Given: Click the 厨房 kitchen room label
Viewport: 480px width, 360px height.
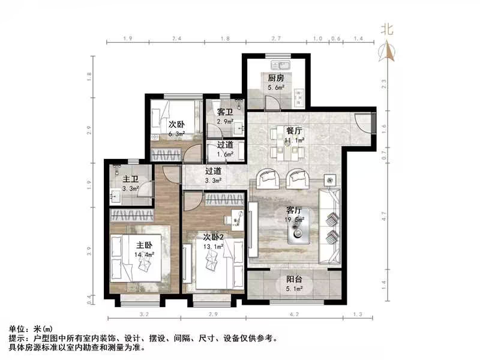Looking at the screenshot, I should [x=275, y=77].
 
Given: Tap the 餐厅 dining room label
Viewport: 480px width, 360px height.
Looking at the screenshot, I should [x=293, y=130].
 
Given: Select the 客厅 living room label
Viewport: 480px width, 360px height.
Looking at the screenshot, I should [x=293, y=211].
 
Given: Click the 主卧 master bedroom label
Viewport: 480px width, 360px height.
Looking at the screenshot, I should [x=143, y=245].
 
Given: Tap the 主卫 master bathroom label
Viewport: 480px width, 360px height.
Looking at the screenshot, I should [x=131, y=179].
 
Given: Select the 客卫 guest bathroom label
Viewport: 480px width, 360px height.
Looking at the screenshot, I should [x=225, y=112].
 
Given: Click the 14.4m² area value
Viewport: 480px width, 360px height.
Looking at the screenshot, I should [x=145, y=254].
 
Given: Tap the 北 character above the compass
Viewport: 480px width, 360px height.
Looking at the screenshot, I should [x=388, y=28].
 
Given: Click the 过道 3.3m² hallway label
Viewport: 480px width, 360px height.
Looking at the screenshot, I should [x=214, y=175].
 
